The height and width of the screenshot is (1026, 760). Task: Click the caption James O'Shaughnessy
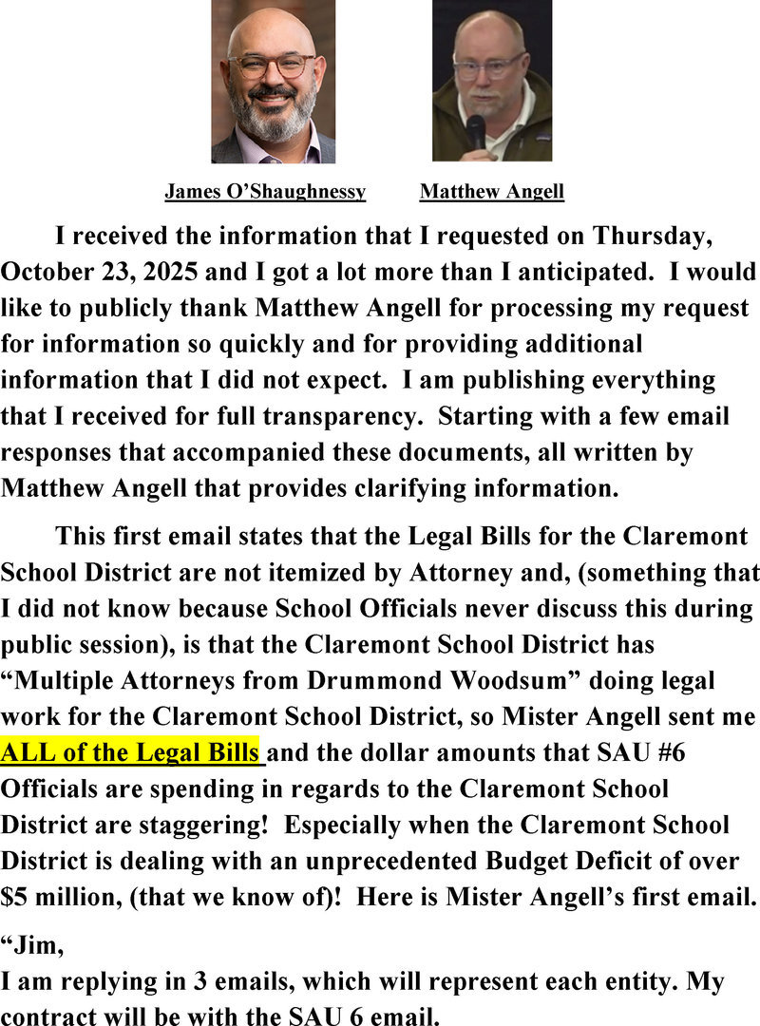coord(265,192)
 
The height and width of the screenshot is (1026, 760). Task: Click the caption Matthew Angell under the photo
coord(491,192)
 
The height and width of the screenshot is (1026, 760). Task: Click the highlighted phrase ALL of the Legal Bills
coord(130,753)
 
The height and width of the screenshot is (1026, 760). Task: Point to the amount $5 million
coord(59,898)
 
